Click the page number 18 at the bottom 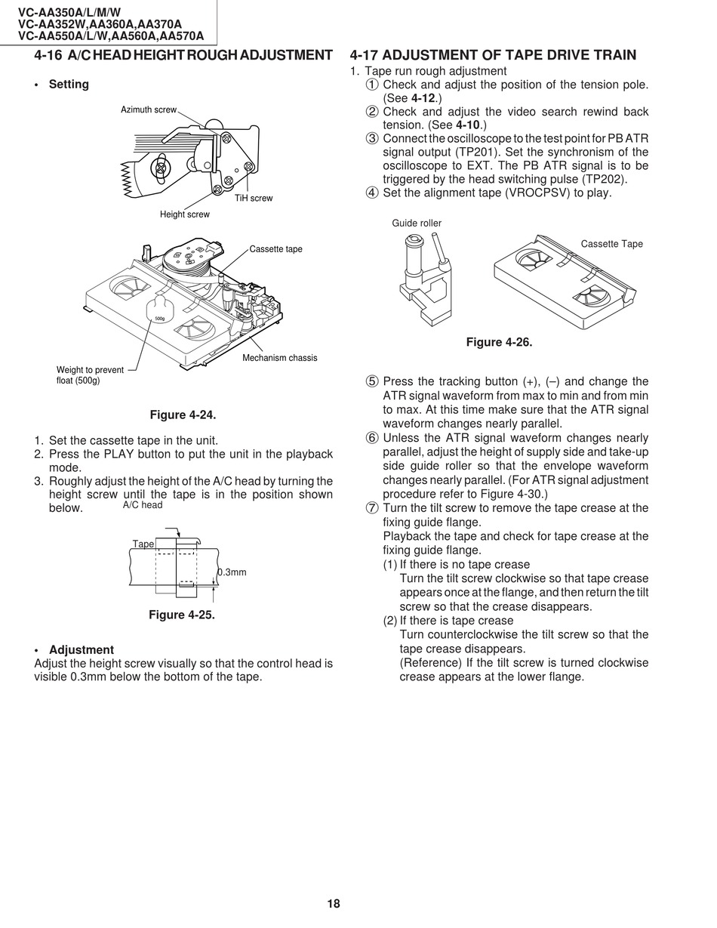point(334,904)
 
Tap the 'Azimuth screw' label point(149,110)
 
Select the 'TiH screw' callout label point(254,199)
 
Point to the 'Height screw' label point(185,214)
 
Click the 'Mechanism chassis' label point(279,358)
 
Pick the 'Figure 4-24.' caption point(183,415)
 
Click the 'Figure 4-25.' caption point(182,615)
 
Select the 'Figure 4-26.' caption point(499,343)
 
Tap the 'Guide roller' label point(417,224)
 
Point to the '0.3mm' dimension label point(232,572)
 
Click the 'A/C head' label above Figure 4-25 point(143,505)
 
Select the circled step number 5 point(372,381)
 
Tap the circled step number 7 point(372,508)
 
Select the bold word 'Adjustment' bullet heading point(82,650)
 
